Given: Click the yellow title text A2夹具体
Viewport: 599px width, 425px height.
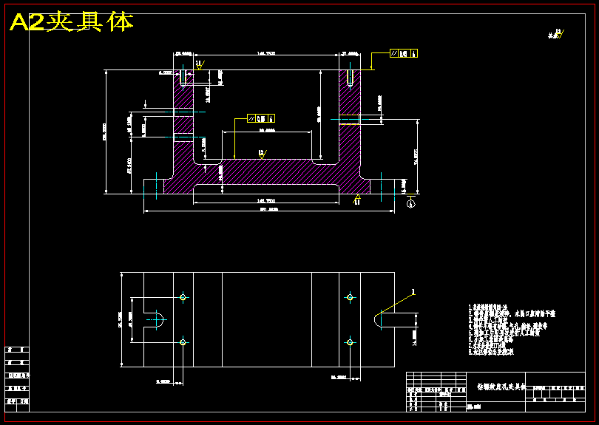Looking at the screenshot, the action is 72,22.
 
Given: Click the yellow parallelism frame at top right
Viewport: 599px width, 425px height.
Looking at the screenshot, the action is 404,53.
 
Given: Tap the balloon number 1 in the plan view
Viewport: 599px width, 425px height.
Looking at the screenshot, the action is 414,292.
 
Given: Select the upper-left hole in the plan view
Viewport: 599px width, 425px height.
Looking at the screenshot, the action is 183,297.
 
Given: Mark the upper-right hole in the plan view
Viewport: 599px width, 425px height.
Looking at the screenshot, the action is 350,297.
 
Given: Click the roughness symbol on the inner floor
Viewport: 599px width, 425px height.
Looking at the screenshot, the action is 261,154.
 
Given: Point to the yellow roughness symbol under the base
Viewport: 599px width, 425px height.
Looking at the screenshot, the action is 357,199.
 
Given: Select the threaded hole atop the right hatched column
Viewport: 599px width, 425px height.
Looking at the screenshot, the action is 349,77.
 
